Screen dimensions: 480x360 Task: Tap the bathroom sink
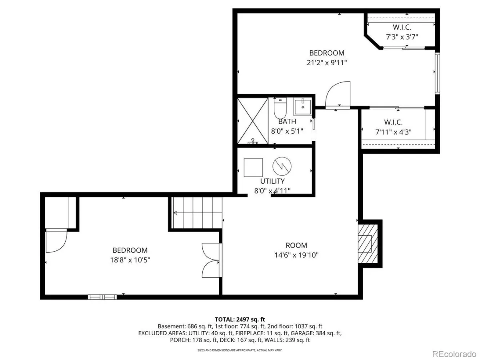pyautogui.click(x=303, y=107)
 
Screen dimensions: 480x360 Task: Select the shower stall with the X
pyautogui.click(x=252, y=121)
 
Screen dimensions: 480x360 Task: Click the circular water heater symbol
pyautogui.click(x=282, y=166)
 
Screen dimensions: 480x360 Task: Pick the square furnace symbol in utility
pyautogui.click(x=253, y=168)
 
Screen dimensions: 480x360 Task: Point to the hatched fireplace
pyautogui.click(x=368, y=244)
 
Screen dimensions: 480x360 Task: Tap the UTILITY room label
pyautogui.click(x=272, y=181)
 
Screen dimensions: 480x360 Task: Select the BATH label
pyautogui.click(x=287, y=121)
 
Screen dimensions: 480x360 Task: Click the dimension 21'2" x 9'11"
pyautogui.click(x=327, y=63)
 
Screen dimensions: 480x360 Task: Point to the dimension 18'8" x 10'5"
pyautogui.click(x=130, y=260)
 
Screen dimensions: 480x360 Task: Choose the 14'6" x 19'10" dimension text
pyautogui.click(x=296, y=255)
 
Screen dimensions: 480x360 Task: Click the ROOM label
pyautogui.click(x=296, y=245)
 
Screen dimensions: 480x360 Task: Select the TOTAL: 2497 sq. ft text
pyautogui.click(x=240, y=320)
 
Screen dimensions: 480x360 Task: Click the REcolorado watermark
pyautogui.click(x=455, y=354)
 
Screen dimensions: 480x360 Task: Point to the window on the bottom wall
pyautogui.click(x=102, y=297)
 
